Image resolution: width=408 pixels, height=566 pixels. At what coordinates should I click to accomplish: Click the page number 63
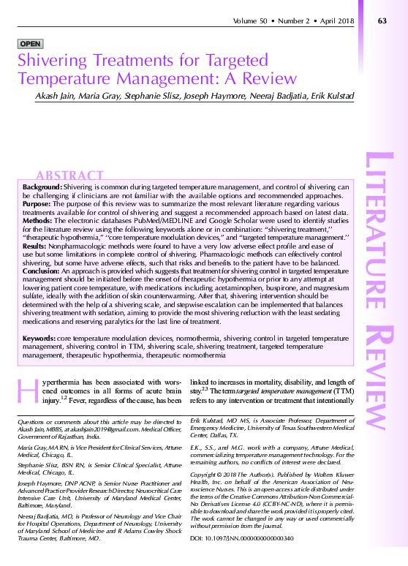pyautogui.click(x=382, y=20)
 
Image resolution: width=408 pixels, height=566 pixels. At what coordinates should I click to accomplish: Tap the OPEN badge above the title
pyautogui.click(x=30, y=44)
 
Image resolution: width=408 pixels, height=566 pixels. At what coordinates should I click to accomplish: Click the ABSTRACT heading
pyautogui.click(x=69, y=176)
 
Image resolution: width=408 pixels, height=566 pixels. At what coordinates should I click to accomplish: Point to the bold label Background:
pyautogui.click(x=42, y=188)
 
